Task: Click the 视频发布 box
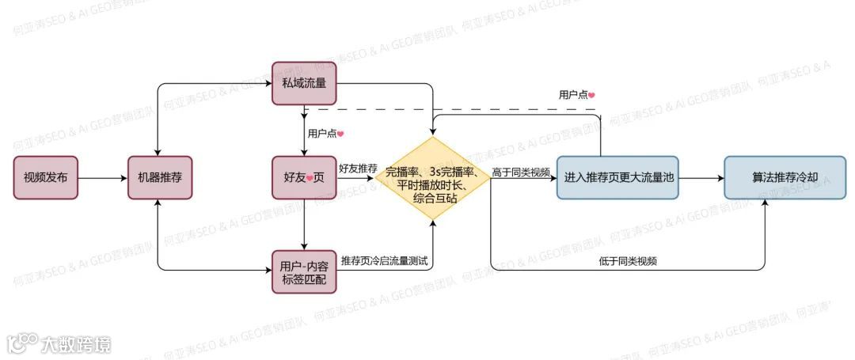(46, 177)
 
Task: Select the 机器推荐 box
(160, 177)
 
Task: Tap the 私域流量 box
(304, 83)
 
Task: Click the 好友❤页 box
(304, 177)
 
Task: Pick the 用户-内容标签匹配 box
(304, 271)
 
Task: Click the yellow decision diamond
(432, 184)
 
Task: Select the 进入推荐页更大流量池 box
(617, 177)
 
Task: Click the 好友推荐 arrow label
(358, 169)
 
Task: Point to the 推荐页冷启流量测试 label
(385, 260)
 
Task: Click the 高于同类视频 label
(521, 172)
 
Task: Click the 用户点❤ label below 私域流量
(325, 133)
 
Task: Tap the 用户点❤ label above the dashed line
(576, 95)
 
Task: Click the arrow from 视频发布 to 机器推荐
(103, 178)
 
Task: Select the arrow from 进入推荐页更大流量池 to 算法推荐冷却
(701, 178)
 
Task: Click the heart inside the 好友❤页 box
(310, 178)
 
